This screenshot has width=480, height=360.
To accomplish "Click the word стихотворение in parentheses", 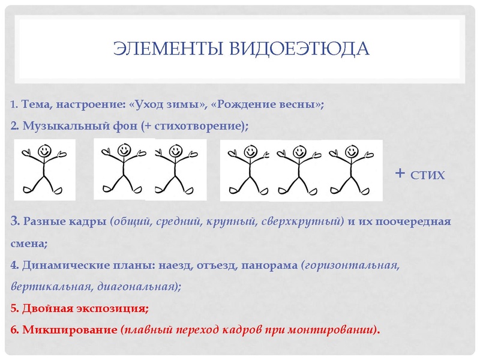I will point(202,126).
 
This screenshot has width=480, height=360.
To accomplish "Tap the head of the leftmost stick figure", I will point(45,151).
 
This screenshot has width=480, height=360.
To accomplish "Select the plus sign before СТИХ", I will point(400,174).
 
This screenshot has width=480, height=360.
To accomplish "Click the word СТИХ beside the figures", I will point(428,175).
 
